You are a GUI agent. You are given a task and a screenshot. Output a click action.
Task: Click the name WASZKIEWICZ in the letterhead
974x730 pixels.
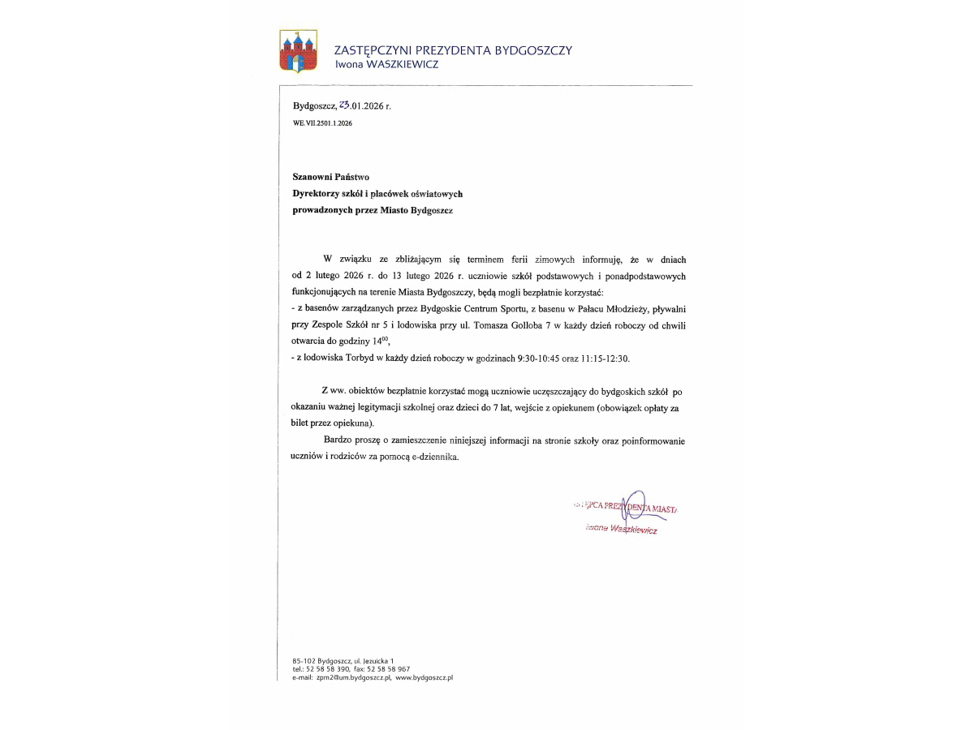pos(403,64)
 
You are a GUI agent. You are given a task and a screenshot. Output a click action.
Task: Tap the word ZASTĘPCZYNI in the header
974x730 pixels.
pos(374,50)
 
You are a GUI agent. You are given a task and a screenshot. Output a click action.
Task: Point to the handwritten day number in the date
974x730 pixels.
pos(344,105)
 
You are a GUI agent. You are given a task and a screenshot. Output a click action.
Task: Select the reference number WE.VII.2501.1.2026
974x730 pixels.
pos(322,123)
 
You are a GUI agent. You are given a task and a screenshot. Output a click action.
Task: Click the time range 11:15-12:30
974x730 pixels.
pos(604,358)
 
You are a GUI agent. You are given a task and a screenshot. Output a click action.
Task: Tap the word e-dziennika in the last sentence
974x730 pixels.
pos(436,457)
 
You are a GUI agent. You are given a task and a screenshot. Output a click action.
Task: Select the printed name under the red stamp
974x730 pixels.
pos(621,529)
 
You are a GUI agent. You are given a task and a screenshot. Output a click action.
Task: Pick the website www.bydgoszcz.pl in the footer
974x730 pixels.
pos(424,676)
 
